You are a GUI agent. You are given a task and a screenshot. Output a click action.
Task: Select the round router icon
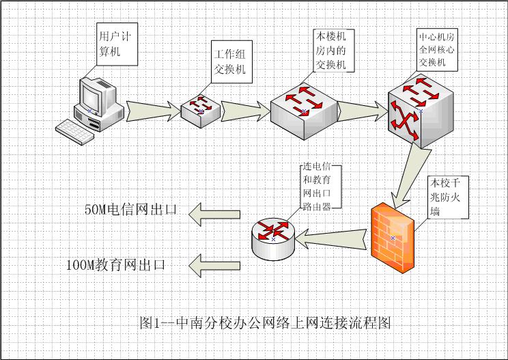273,236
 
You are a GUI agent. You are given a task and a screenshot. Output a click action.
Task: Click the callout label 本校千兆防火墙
447,197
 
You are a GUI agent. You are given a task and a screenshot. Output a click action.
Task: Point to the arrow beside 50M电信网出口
214,213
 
